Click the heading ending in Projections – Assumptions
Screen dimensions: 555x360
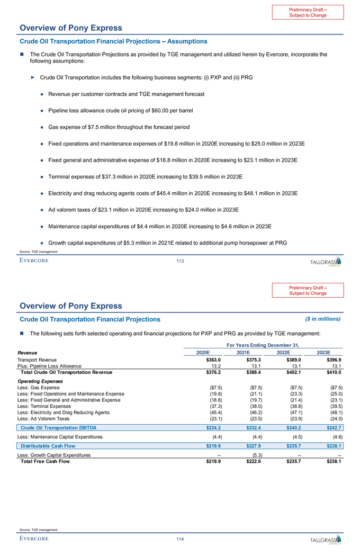pos(113,41)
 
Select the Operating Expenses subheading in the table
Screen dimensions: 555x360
pos(40,381)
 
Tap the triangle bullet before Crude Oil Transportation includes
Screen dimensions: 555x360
pos(33,77)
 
